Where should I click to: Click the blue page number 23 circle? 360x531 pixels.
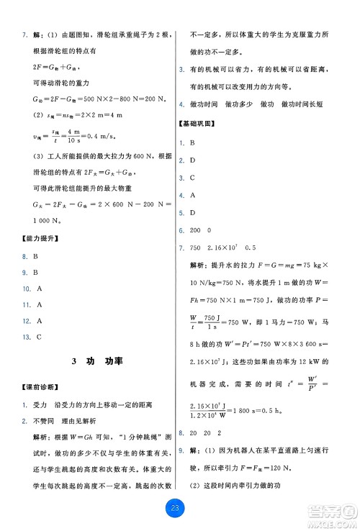(x=180, y=509)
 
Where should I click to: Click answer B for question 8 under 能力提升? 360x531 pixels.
(x=35, y=274)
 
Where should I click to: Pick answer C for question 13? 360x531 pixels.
(x=38, y=337)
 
